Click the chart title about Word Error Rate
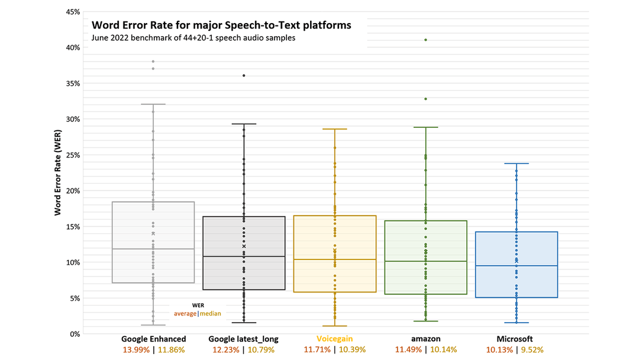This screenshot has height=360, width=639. [221, 25]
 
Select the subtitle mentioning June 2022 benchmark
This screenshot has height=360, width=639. [193, 38]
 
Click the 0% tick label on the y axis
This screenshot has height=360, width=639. [74, 334]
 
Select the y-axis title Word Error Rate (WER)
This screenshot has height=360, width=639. [58, 173]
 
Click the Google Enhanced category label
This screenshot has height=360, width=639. [154, 339]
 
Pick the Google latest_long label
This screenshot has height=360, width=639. [244, 339]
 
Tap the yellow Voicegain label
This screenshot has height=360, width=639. [334, 339]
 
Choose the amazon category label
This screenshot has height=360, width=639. [425, 339]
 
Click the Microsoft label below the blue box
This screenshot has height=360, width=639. [516, 339]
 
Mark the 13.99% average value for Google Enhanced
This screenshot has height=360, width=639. [136, 350]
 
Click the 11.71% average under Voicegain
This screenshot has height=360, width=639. [317, 350]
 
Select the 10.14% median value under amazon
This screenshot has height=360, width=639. [444, 350]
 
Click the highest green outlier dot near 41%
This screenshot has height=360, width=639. [425, 40]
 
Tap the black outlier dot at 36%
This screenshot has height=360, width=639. [244, 76]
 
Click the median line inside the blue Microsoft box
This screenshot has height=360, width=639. [517, 266]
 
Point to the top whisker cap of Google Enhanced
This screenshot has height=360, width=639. [153, 104]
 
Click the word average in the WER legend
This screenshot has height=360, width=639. [185, 313]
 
